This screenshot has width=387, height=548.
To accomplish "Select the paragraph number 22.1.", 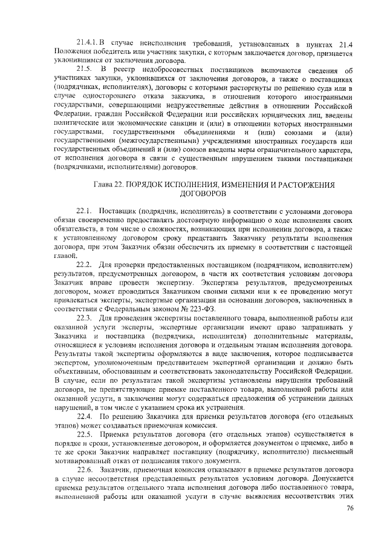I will point(83,210).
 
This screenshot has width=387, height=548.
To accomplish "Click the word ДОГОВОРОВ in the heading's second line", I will point(203,193).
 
